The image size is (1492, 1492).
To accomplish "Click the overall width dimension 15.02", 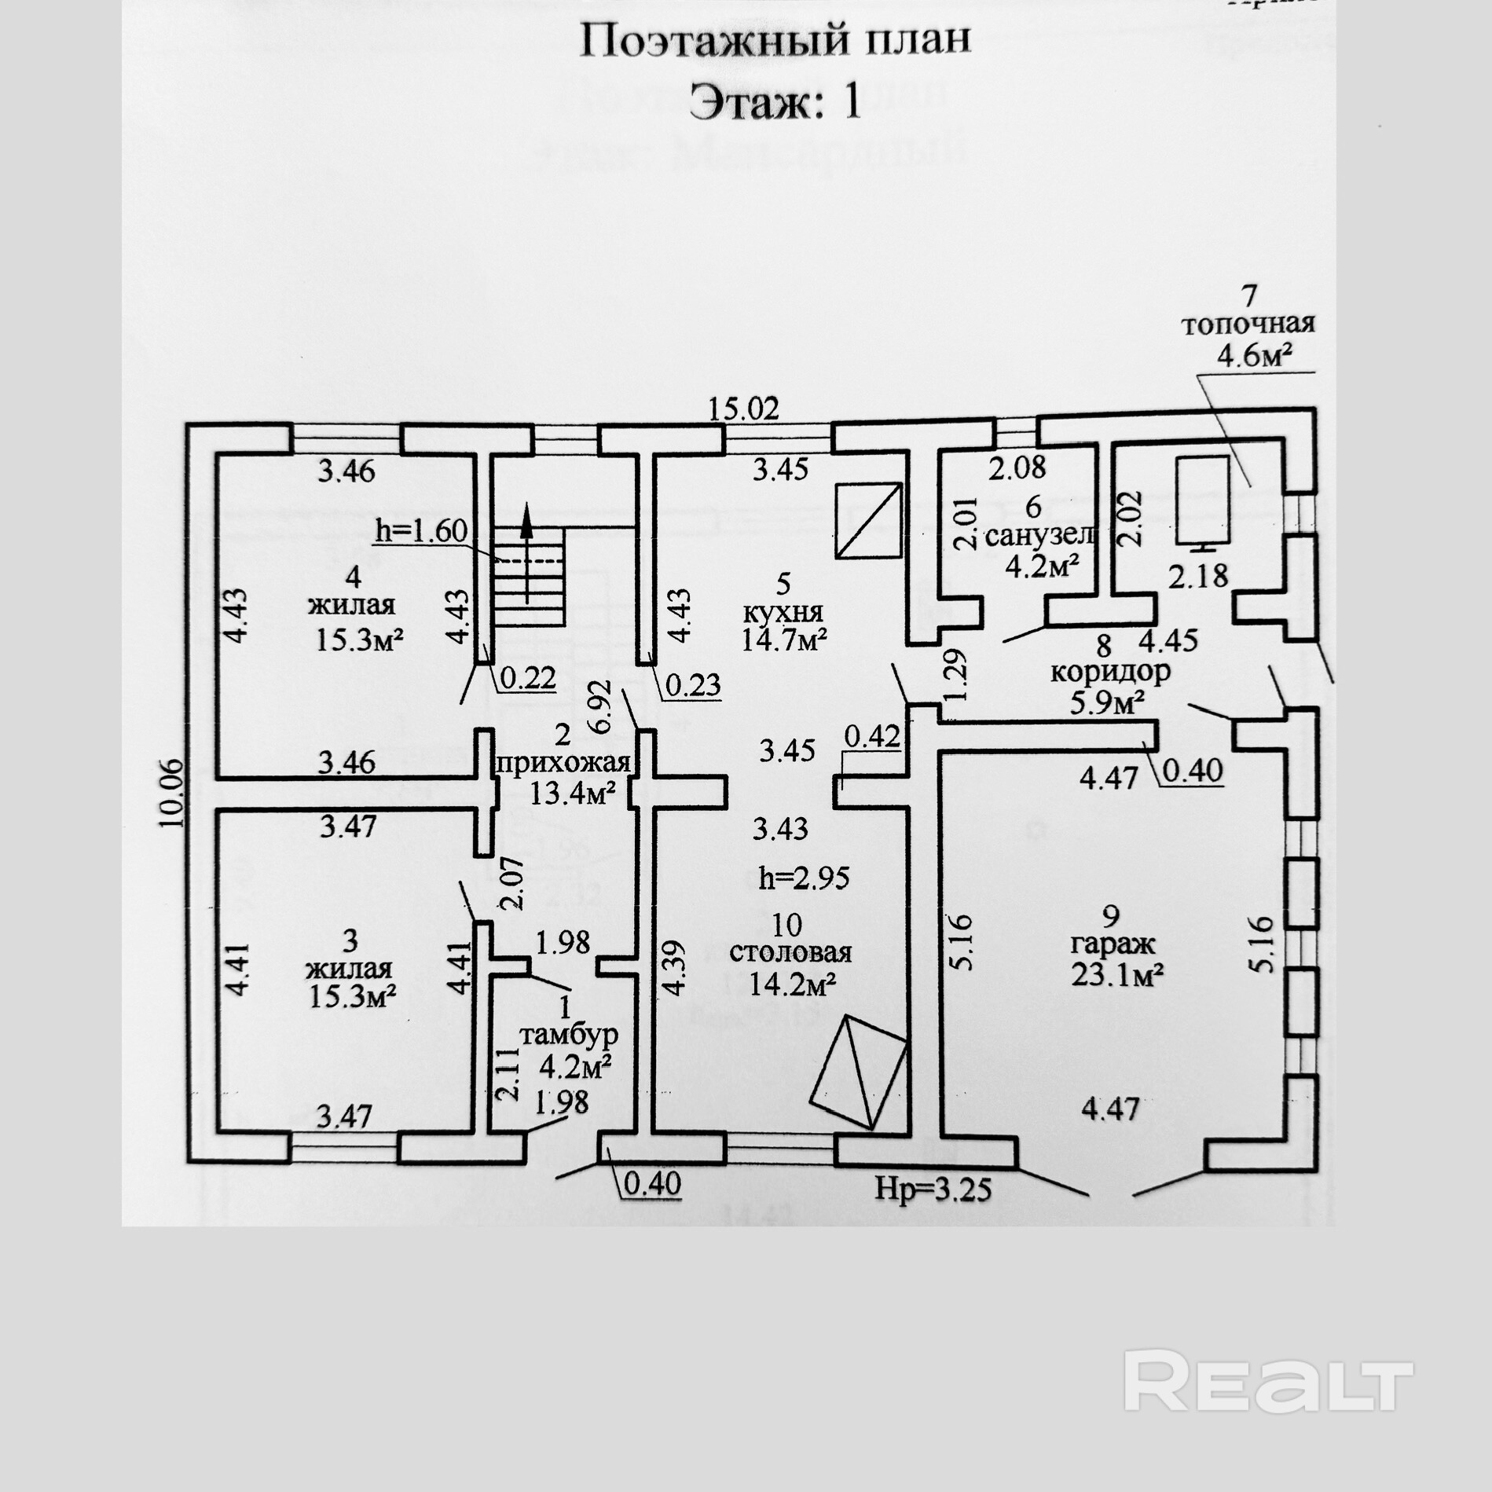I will tap(743, 409).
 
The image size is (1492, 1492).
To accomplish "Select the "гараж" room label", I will tap(1110, 944).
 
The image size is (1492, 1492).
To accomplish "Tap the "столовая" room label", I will tap(790, 952).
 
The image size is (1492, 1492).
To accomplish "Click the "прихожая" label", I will tap(563, 763).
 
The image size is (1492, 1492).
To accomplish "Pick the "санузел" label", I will tap(1039, 536).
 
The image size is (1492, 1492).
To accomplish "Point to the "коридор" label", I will tap(1109, 672).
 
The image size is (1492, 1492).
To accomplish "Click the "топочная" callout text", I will tap(1248, 324).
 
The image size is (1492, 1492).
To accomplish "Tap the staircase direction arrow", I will tap(526, 554).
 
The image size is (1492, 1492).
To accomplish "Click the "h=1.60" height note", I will tap(421, 530).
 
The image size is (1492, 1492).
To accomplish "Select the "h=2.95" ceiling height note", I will tap(804, 878).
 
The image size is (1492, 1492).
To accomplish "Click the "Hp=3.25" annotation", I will tap(933, 1189).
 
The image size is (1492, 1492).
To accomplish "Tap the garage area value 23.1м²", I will tap(1116, 975).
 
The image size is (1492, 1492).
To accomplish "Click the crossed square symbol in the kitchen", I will tap(868, 520).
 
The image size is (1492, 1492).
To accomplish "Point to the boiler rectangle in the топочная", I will tap(1202, 500).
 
